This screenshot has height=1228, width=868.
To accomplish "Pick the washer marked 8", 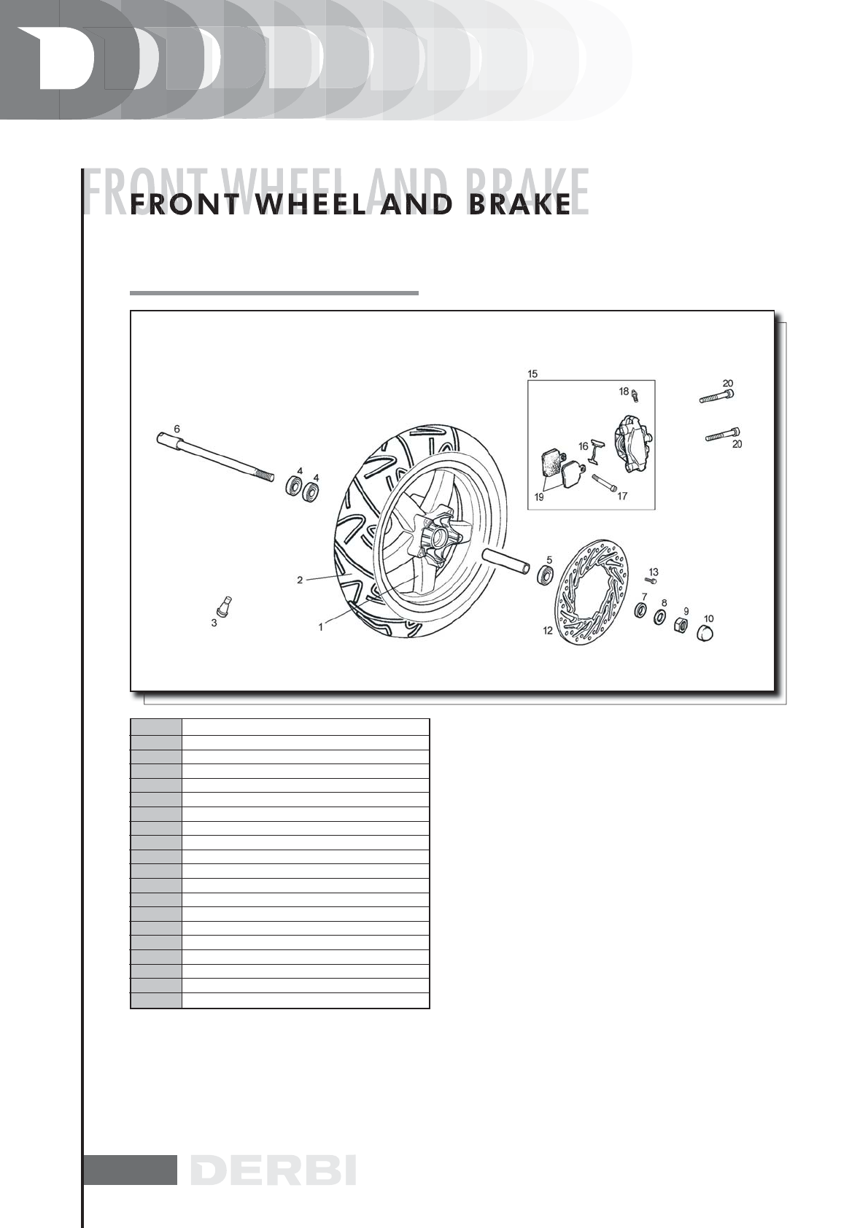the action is coord(659,617).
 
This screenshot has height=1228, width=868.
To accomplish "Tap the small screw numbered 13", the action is coord(649,580).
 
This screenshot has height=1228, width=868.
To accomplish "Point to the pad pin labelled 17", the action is coord(605,483).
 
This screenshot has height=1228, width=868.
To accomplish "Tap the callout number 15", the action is coord(532,374).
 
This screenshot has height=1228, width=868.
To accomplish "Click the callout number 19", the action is coord(539,497).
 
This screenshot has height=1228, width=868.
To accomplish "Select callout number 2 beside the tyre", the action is coord(300,580).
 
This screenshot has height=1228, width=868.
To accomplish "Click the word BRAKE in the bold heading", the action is coord(519,206).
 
